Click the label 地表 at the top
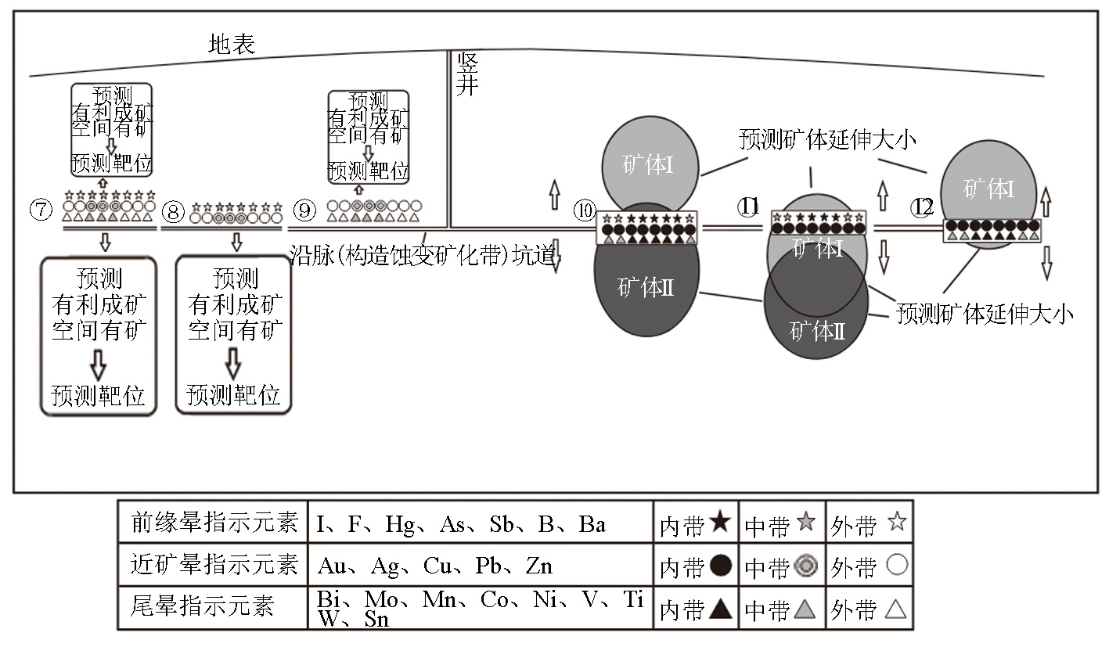point(232,44)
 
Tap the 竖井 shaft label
point(467,74)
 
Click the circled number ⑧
point(174,210)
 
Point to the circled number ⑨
point(305,210)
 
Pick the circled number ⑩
point(584,210)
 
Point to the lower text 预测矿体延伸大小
point(985,315)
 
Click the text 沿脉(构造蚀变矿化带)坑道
point(423,256)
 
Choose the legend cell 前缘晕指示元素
point(214,523)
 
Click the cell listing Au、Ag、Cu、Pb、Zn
point(435,565)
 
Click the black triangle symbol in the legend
point(720,608)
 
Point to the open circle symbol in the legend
point(897,565)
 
